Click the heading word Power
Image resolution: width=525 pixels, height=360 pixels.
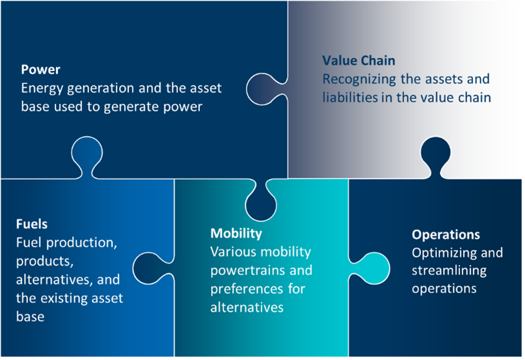coord(40,70)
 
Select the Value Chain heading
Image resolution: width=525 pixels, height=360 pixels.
coord(358,61)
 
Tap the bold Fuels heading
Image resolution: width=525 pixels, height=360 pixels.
coord(32,223)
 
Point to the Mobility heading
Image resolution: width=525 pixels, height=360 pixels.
coord(236,234)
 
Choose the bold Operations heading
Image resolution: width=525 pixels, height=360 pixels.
coord(446,234)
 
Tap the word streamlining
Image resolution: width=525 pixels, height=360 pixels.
coord(449,271)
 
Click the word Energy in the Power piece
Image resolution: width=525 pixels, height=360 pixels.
coord(42,89)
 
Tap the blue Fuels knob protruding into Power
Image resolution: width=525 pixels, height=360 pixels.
coord(87,155)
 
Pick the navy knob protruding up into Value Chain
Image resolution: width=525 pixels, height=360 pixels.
coord(435,155)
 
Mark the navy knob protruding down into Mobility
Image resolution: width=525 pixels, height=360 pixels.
coord(261,202)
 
